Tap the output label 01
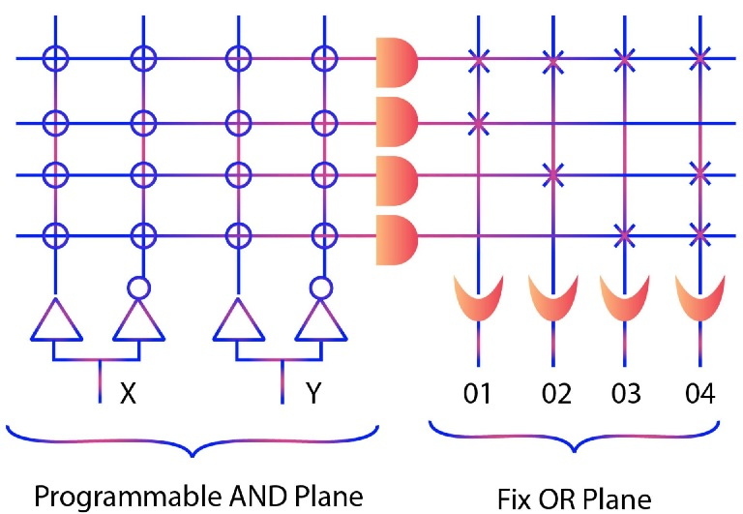point(478,394)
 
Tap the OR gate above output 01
point(478,301)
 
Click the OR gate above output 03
point(625,301)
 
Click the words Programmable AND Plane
point(198,497)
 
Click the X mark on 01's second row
point(478,123)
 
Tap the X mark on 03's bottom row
point(625,233)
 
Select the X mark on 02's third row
point(552,175)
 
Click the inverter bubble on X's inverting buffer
point(142,287)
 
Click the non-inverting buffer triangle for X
point(56,321)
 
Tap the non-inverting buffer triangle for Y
point(236,321)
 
